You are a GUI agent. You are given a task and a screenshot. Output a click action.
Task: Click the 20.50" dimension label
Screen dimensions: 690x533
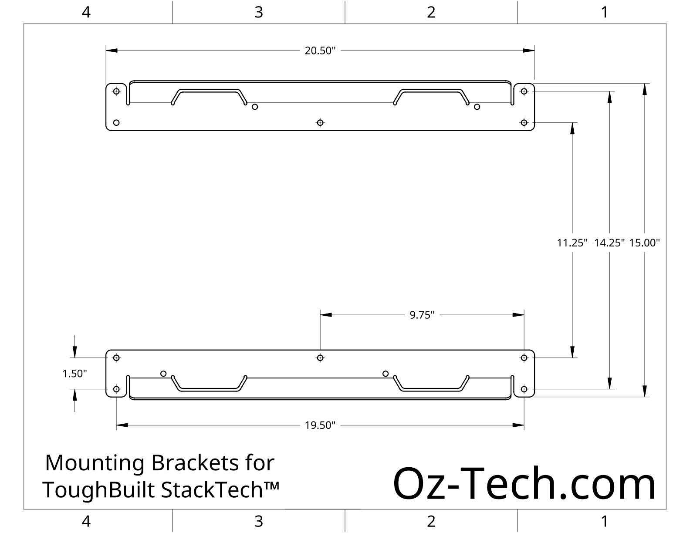coord(320,51)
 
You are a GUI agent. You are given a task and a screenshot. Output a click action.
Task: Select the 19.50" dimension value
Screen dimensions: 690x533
coord(320,425)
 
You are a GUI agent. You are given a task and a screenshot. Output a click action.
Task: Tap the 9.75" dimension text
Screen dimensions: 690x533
coord(422,315)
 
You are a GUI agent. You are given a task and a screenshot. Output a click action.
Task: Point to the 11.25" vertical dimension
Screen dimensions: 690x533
coord(572,243)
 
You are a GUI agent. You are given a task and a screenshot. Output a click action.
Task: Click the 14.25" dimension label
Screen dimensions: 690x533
coord(609,243)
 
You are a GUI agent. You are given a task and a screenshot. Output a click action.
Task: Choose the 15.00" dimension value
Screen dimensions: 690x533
coord(645,243)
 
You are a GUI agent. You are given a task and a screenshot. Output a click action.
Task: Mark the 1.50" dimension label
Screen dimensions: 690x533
coord(75,374)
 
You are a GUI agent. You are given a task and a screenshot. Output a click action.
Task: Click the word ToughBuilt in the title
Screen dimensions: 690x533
coord(99,490)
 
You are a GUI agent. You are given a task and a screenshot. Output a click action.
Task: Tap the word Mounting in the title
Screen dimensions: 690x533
coord(95,463)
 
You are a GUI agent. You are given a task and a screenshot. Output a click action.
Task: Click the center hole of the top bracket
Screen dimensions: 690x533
coord(320,123)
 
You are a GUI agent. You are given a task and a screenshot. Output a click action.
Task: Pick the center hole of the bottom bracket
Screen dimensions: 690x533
coord(320,358)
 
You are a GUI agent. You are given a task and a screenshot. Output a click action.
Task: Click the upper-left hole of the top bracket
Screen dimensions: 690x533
coord(116,91)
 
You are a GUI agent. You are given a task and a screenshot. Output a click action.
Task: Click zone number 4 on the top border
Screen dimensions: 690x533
coord(86,12)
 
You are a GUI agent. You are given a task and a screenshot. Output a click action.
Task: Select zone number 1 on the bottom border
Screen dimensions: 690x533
coord(604,521)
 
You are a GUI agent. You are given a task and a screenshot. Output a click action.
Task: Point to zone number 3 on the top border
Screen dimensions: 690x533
coord(259,12)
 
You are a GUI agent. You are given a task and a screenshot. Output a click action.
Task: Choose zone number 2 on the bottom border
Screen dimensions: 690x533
coord(431,521)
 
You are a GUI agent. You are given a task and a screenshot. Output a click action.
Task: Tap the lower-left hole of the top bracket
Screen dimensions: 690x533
coord(116,123)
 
